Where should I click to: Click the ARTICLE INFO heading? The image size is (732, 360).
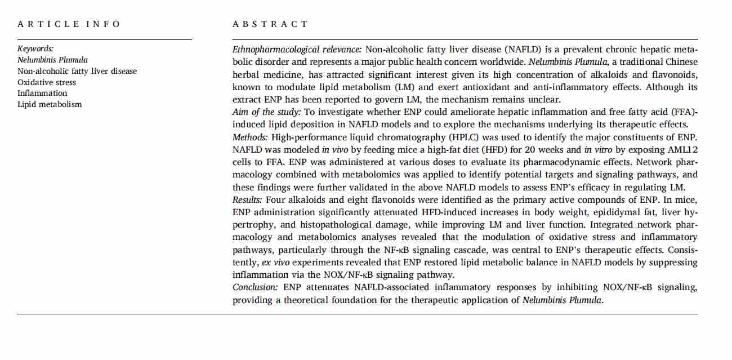[x=69, y=24]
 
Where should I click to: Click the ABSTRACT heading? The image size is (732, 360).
[x=270, y=24]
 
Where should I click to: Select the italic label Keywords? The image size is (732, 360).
[x=35, y=49]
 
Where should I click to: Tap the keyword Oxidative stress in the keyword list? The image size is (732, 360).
[x=47, y=82]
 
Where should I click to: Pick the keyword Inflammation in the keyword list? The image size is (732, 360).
[x=42, y=93]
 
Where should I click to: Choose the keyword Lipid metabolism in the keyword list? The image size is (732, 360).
[x=50, y=104]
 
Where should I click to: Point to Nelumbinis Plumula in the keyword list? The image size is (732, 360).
[x=52, y=60]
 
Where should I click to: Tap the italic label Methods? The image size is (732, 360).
[x=251, y=137]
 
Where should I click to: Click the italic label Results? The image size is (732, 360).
[x=248, y=200]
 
